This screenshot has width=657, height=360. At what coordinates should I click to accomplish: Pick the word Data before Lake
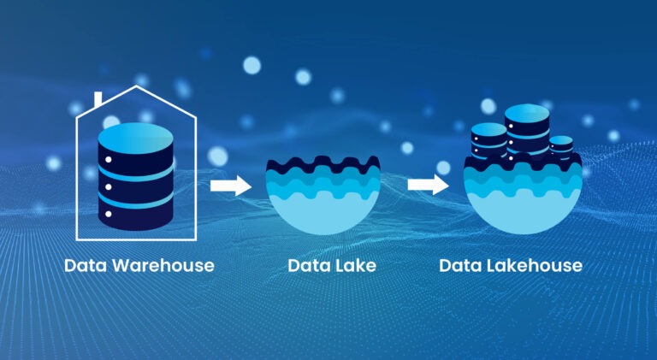(x=309, y=266)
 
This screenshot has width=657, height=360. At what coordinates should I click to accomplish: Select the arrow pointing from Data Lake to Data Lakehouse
(x=429, y=184)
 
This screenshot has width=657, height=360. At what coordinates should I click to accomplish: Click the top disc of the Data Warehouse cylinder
(x=137, y=136)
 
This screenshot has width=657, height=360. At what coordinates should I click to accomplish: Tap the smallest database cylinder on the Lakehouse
(x=561, y=145)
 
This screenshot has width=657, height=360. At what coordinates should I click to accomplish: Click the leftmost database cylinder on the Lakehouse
(x=490, y=141)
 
